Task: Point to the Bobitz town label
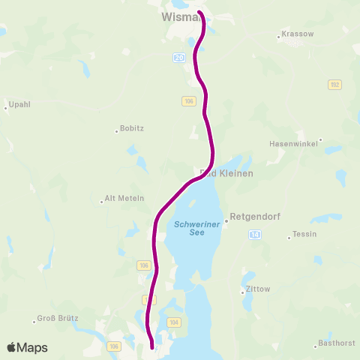(133, 129)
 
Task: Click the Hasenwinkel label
(294, 143)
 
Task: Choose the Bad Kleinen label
(227, 173)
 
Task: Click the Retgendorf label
(255, 216)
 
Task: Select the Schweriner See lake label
(189, 228)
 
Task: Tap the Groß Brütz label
(57, 318)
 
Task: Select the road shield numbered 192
(334, 85)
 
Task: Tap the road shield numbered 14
(256, 235)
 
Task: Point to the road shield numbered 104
(175, 322)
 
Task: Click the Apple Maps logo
(27, 347)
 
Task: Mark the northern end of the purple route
(199, 12)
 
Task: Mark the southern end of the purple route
(152, 346)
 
